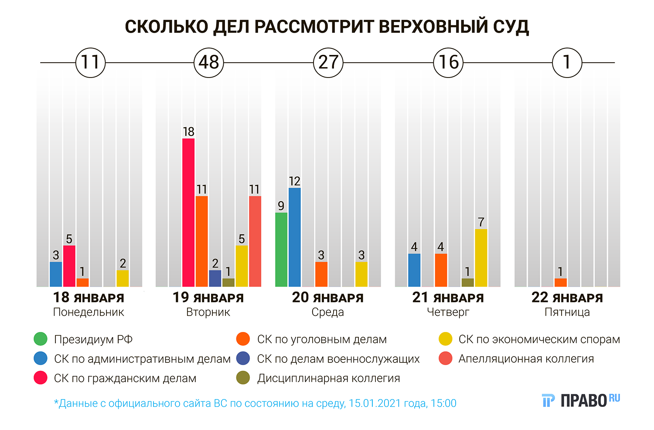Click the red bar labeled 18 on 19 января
coord(188,212)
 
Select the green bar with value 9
coord(281,249)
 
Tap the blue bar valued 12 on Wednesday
coord(295,237)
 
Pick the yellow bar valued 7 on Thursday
coord(481,257)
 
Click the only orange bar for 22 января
coord(561,282)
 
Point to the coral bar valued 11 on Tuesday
coord(255,241)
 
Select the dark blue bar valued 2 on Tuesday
coord(215,278)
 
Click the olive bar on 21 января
coord(467,282)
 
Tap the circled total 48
coord(209,63)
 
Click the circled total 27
coord(328,63)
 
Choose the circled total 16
coord(448,63)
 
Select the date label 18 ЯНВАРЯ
coord(89,298)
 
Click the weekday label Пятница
coord(567,312)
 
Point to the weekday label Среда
coord(328,312)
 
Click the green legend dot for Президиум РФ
coord(41,339)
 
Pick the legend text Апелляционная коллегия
coord(526,359)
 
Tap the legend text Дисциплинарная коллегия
coord(328,378)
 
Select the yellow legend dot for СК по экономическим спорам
coord(446,339)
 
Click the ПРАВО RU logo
coord(581,400)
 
